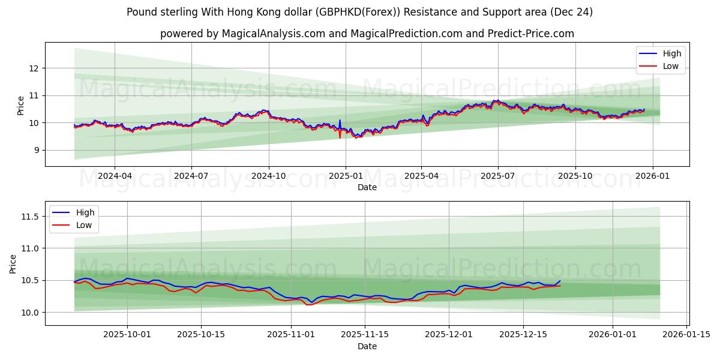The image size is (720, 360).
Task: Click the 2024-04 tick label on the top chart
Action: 115,176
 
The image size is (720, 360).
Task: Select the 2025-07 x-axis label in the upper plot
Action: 498,176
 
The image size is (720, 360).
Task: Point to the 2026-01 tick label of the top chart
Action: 652,176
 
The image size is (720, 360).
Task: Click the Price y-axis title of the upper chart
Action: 21,106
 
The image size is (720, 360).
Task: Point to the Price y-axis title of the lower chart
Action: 13,263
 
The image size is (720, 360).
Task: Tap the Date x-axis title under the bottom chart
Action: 367,346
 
